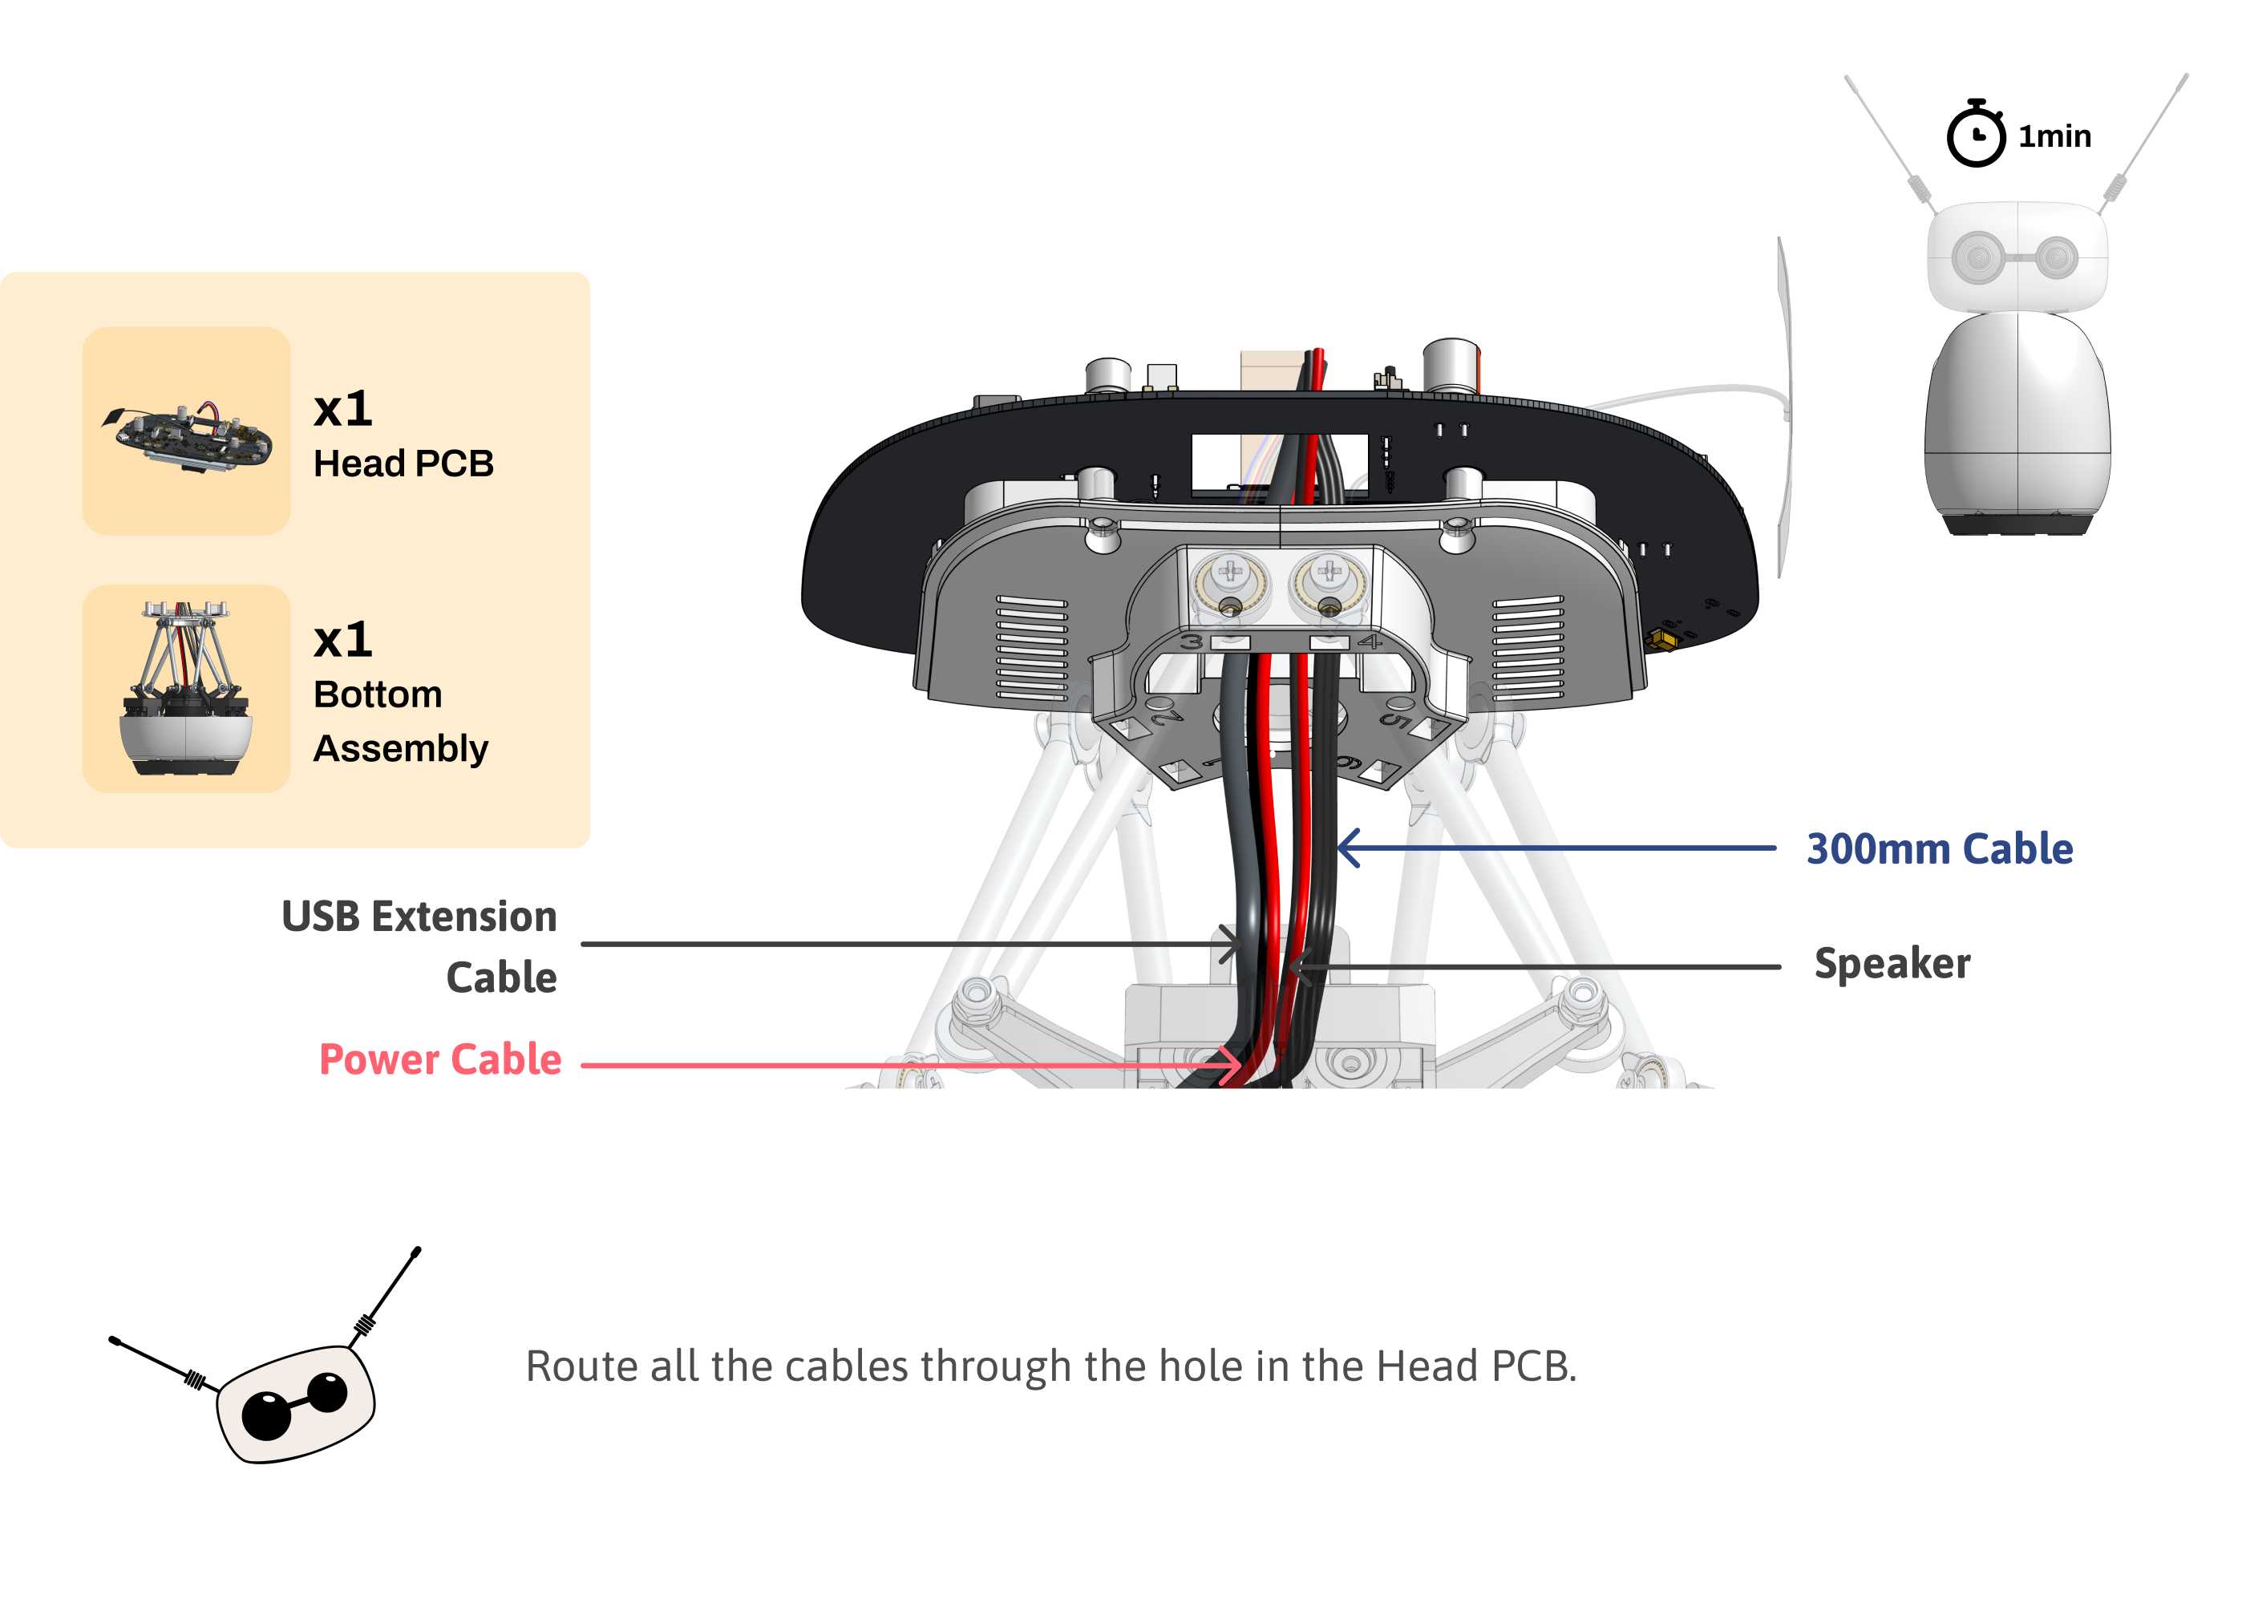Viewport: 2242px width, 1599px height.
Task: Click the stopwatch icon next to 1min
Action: coord(1974,136)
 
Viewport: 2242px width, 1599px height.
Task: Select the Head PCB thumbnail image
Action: coord(186,431)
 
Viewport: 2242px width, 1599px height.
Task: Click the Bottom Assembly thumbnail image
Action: coord(186,688)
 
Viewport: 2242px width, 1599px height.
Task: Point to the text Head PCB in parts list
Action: coord(403,463)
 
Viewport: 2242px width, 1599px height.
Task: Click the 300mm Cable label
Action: coord(1938,848)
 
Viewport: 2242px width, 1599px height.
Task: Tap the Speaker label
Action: coord(1891,963)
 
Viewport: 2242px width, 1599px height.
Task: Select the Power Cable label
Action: coord(440,1059)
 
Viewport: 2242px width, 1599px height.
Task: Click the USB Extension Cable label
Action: coord(420,945)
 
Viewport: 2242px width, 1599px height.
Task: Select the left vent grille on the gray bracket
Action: coord(1031,647)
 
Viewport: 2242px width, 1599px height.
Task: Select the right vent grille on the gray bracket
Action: coord(1528,647)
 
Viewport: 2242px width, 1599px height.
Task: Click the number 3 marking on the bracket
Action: coord(1192,642)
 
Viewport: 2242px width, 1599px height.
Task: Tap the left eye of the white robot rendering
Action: coord(1977,258)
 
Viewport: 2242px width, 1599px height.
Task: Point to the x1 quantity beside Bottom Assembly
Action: coord(342,640)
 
